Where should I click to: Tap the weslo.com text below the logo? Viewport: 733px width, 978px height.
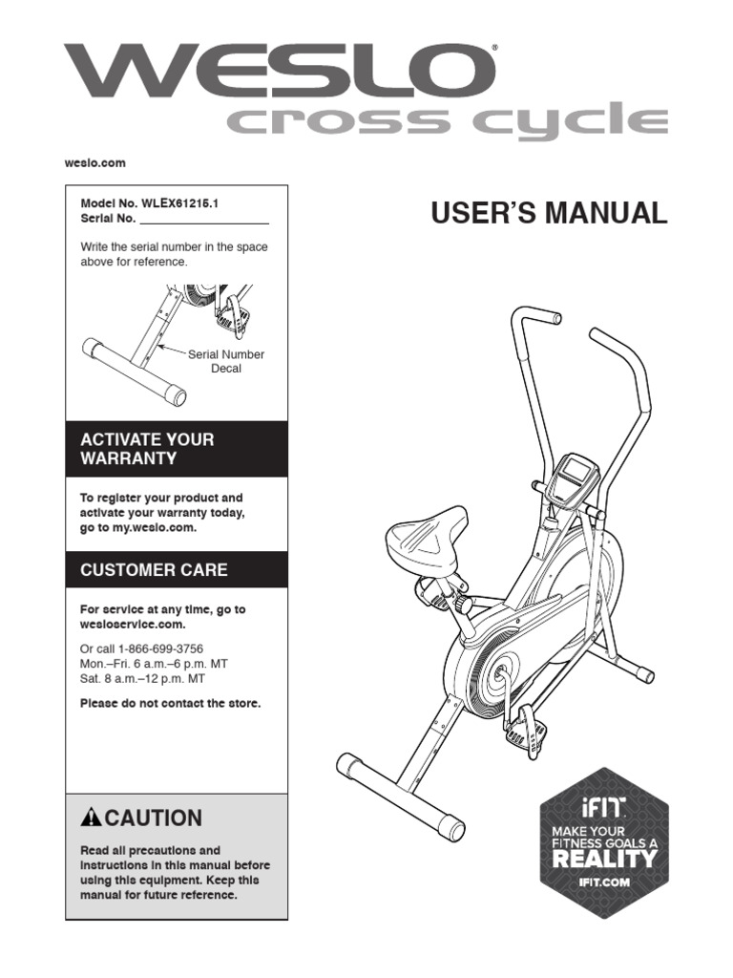94,163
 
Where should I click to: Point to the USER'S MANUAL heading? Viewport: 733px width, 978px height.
549,213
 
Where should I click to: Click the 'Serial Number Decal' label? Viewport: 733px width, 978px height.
225,361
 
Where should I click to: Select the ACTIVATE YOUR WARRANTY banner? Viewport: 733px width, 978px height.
176,449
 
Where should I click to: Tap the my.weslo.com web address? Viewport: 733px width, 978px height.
157,527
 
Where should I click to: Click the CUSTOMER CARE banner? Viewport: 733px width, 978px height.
176,570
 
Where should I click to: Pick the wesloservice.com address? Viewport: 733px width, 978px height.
132,625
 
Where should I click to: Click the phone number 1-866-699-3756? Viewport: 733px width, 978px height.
160,648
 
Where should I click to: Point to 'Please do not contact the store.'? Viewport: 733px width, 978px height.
170,703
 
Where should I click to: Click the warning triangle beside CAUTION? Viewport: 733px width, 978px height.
92,818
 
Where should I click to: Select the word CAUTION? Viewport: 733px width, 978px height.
153,818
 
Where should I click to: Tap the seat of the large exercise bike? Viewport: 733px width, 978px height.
429,529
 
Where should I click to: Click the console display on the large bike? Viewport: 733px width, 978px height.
575,470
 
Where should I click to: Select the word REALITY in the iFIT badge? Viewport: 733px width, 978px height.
604,858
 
